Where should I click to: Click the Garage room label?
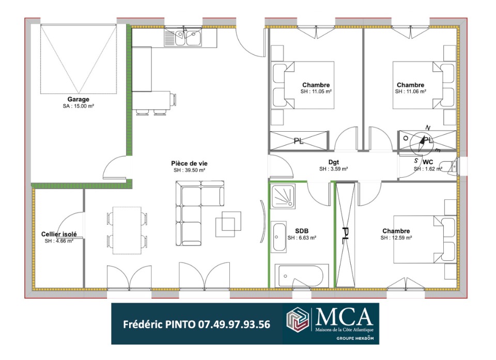[78, 99]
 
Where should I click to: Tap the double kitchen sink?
[183, 37]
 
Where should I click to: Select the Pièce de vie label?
[189, 164]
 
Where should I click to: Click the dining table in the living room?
[127, 230]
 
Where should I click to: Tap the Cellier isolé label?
[59, 234]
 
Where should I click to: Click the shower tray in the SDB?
[283, 196]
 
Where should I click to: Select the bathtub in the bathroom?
[301, 275]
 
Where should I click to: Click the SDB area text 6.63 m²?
[302, 238]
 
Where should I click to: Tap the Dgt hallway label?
[333, 162]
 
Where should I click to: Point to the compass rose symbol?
[422, 142]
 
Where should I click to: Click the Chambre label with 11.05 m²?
[316, 85]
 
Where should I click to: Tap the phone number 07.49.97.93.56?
[234, 324]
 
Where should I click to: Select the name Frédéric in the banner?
[143, 324]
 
